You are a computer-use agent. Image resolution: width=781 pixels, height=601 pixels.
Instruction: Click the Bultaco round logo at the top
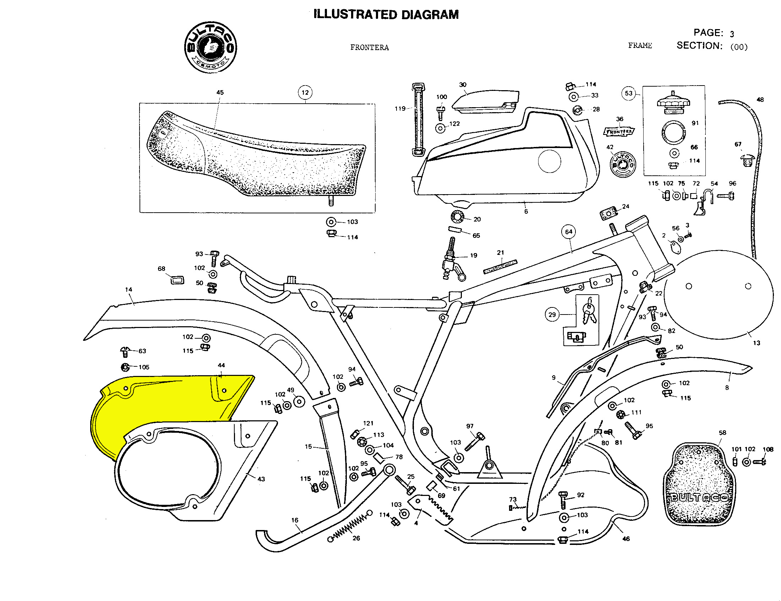pyautogui.click(x=210, y=47)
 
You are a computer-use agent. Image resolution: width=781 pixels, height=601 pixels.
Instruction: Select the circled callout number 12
pyautogui.click(x=305, y=93)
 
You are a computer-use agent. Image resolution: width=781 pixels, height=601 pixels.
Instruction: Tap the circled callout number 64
pyautogui.click(x=569, y=232)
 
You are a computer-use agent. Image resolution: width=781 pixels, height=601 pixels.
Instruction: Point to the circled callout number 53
pyautogui.click(x=629, y=93)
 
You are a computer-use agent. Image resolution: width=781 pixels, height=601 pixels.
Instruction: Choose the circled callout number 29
pyautogui.click(x=552, y=315)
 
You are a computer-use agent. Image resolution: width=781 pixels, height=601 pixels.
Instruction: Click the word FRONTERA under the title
pyautogui.click(x=370, y=48)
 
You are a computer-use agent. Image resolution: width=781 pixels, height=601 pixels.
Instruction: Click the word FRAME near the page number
pyautogui.click(x=640, y=45)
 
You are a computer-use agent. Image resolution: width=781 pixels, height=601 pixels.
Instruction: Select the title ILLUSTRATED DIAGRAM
pyautogui.click(x=386, y=15)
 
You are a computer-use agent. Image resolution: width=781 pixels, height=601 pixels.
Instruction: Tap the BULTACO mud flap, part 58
pyautogui.click(x=698, y=485)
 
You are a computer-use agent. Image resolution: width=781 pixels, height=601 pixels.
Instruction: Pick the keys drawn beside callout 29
pyautogui.click(x=588, y=312)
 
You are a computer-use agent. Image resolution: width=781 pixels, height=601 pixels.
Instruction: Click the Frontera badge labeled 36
pyautogui.click(x=619, y=132)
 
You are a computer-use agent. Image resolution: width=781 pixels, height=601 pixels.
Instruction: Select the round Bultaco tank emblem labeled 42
pyautogui.click(x=623, y=164)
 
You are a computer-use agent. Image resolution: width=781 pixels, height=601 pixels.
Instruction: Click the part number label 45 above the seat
pyautogui.click(x=220, y=92)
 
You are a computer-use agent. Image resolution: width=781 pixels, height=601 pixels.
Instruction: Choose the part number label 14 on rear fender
pyautogui.click(x=129, y=289)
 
